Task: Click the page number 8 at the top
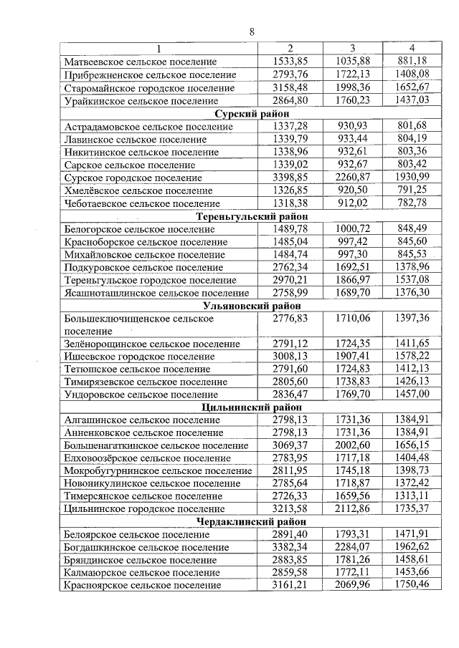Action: tap(252, 32)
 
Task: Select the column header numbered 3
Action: tap(352, 49)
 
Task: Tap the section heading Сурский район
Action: tap(252, 114)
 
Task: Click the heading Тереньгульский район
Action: tap(252, 216)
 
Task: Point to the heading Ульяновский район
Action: tap(252, 306)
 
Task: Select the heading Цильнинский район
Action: tap(252, 407)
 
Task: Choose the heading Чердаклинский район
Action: tap(252, 521)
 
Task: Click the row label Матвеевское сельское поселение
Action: tap(141, 62)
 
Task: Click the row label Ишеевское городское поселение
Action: tap(139, 357)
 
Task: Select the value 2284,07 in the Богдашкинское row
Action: tap(352, 547)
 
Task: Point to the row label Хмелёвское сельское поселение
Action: tap(138, 190)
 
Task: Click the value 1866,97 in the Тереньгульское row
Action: tap(352, 280)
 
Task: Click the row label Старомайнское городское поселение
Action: tap(149, 88)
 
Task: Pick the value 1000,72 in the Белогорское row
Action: tap(352, 229)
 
